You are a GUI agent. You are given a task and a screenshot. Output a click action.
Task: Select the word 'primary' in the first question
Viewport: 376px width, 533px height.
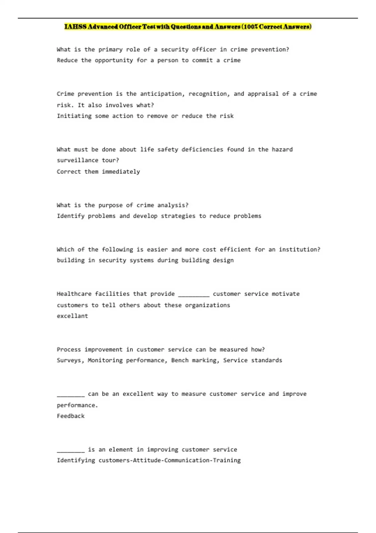(x=110, y=50)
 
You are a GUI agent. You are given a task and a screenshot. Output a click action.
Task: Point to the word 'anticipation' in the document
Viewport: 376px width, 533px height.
(x=160, y=94)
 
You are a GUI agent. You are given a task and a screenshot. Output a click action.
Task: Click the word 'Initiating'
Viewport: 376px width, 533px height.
(x=74, y=116)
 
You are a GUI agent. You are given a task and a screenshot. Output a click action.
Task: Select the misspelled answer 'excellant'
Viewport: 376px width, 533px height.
(x=72, y=316)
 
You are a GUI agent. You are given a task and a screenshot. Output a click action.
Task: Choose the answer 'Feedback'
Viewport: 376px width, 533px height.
(x=70, y=416)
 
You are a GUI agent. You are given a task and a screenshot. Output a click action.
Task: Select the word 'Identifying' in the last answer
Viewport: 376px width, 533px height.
(x=76, y=460)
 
